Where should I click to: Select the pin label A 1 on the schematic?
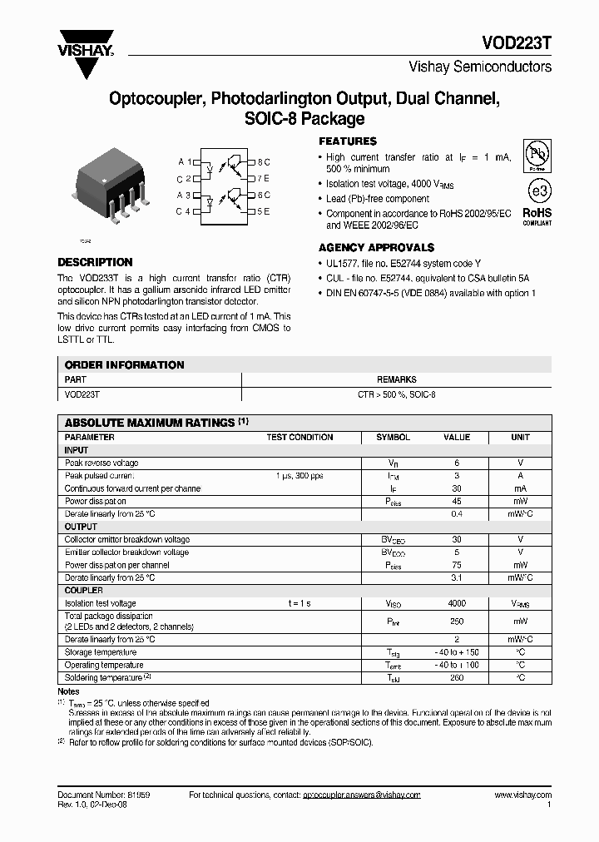pyautogui.click(x=184, y=161)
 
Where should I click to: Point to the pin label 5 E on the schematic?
pyautogui.click(x=264, y=211)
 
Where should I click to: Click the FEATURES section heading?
pyautogui.click(x=348, y=141)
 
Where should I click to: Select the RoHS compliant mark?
pyautogui.click(x=537, y=216)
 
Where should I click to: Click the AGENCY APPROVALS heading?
pyautogui.click(x=376, y=248)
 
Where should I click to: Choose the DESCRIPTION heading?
pyautogui.click(x=95, y=262)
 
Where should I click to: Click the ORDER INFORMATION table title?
pyautogui.click(x=124, y=364)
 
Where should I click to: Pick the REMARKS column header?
pyautogui.click(x=396, y=379)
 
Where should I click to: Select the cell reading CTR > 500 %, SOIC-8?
pyautogui.click(x=396, y=394)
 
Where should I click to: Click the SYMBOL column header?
pyautogui.click(x=393, y=437)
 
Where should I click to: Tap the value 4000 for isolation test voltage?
pyautogui.click(x=457, y=603)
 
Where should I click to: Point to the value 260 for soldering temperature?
pyautogui.click(x=457, y=678)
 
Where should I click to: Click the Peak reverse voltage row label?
pyautogui.click(x=101, y=463)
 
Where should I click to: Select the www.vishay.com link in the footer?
pyautogui.click(x=522, y=795)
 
